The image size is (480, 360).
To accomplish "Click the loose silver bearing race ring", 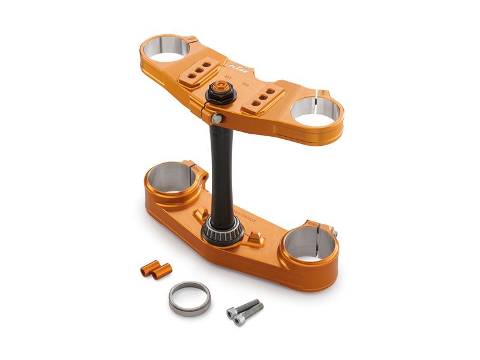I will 189,298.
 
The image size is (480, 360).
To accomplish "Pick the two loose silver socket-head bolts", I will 244,311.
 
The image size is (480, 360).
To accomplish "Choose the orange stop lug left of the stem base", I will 199,215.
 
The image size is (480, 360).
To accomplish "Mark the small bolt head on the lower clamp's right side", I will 334,233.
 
